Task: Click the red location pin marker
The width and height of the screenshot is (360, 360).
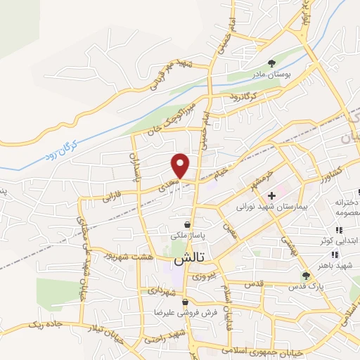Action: point(181,165)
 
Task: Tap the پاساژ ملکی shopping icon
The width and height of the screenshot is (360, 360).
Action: point(187,224)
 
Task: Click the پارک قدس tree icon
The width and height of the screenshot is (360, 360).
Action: point(305,276)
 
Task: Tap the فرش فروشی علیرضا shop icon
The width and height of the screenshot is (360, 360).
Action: point(184,302)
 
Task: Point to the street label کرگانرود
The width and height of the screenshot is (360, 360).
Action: point(245,95)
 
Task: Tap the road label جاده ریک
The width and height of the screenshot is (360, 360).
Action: point(47,324)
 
